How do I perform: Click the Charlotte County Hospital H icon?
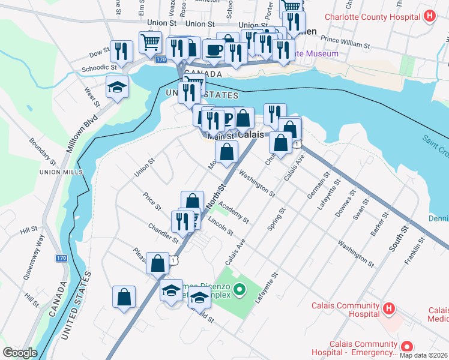point(429,16)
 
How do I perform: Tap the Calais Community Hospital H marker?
point(388,309)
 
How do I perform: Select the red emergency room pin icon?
point(406,346)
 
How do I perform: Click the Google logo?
point(20,353)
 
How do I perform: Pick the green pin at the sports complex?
point(240,291)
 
